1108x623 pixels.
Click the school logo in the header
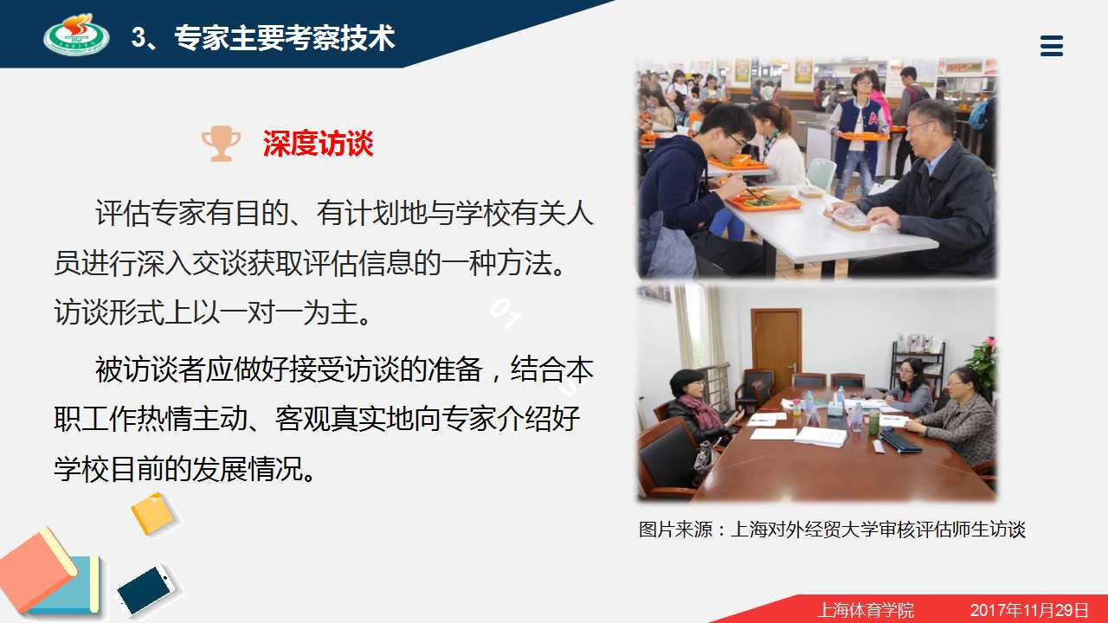point(77,35)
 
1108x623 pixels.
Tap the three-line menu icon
point(1052,46)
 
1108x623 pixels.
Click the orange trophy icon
point(221,144)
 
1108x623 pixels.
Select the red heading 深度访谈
point(318,144)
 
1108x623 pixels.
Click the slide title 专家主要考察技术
point(285,37)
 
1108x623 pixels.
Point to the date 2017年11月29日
point(1029,610)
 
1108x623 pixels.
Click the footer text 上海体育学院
point(866,610)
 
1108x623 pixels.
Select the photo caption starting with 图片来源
point(832,530)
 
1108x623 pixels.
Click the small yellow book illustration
point(153,514)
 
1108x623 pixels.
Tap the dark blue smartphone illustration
point(145,591)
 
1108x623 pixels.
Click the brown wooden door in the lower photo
point(776,349)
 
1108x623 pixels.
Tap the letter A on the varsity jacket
point(873,119)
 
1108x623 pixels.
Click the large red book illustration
point(37,568)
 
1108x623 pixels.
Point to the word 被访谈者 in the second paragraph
point(151,369)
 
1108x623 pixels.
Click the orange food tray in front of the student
point(764,200)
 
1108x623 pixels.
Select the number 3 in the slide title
point(138,37)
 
